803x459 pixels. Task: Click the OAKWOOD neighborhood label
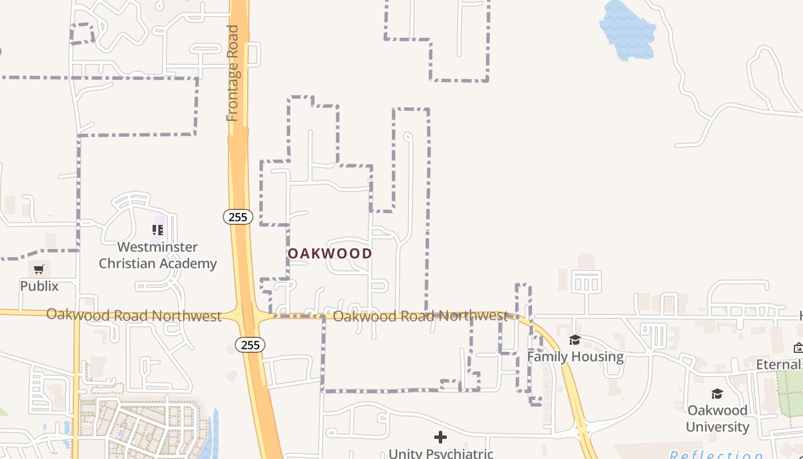coord(330,253)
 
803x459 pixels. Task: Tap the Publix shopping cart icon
coord(39,269)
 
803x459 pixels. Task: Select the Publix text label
coord(39,286)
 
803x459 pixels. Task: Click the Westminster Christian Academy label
coord(158,255)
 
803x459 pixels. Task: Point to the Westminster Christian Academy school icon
coord(158,230)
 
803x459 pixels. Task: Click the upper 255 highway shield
coord(237,217)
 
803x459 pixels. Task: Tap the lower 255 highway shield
coord(250,345)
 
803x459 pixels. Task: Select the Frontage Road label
coord(232,73)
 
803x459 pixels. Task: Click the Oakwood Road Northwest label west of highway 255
coord(134,315)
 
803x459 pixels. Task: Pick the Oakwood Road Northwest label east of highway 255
coord(420,316)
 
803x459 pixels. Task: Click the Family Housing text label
coord(575,356)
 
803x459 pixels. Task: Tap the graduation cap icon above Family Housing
coord(575,340)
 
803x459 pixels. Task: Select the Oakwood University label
coord(718,418)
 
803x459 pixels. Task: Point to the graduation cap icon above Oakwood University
coord(717,394)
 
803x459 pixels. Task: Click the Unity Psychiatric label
coord(441,453)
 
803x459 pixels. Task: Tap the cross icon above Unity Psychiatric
coord(441,438)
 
